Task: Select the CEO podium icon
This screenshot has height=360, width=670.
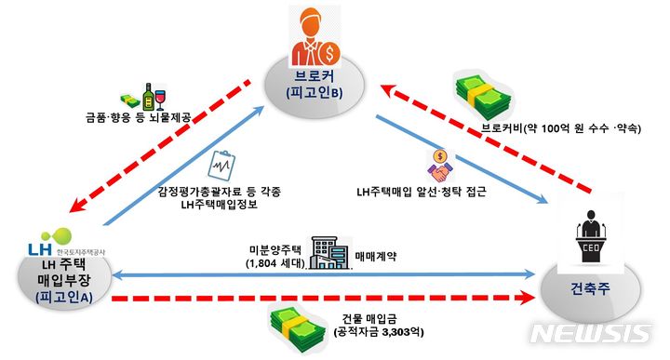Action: click(x=589, y=233)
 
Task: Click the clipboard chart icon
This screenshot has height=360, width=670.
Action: click(x=221, y=166)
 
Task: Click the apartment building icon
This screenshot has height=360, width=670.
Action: click(x=331, y=248)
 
